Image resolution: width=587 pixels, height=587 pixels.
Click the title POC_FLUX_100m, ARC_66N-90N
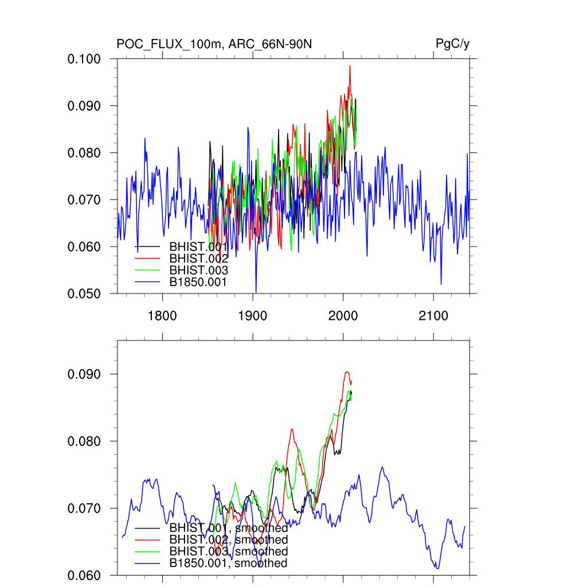coord(214,44)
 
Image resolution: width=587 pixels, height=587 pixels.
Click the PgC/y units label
coord(453,44)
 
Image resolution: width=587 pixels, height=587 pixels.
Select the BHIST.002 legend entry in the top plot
coord(198,259)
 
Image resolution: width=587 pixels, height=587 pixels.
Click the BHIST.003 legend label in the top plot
coord(198,270)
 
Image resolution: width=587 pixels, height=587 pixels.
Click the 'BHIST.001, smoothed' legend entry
coord(228,528)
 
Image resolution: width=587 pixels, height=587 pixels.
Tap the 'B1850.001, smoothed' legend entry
coord(228,563)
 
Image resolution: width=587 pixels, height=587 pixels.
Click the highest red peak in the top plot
coord(350,66)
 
